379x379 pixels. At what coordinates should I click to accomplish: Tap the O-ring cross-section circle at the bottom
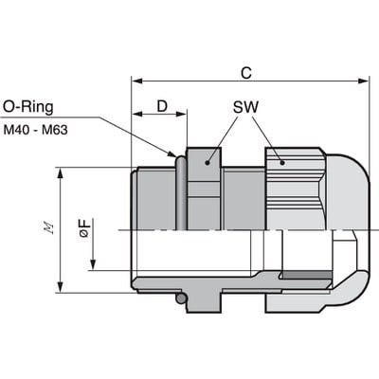click(181, 300)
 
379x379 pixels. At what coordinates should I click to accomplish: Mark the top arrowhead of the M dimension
click(63, 173)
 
